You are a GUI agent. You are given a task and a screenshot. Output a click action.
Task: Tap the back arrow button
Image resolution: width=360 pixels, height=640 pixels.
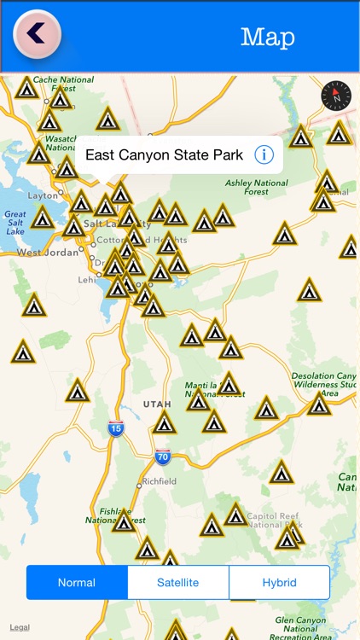click(x=37, y=33)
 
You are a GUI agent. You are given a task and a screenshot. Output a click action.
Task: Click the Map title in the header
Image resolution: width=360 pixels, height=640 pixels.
click(x=267, y=37)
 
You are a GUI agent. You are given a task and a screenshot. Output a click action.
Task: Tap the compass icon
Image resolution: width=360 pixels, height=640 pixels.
click(x=335, y=96)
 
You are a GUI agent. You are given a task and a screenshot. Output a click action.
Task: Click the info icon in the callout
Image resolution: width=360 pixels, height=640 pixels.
click(x=264, y=154)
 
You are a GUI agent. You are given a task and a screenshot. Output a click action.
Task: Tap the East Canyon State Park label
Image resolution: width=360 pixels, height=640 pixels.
click(x=164, y=155)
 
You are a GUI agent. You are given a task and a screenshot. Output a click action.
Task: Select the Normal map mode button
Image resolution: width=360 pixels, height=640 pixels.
click(x=77, y=583)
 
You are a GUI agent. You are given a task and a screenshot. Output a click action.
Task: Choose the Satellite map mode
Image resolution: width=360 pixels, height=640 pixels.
click(x=177, y=583)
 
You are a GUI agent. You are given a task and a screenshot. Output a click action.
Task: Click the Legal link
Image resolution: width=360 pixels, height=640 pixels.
click(x=19, y=627)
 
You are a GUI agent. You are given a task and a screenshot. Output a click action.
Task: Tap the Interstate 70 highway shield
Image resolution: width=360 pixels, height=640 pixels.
click(x=162, y=457)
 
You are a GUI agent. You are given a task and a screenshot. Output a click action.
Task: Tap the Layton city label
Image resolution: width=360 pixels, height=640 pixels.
click(x=42, y=195)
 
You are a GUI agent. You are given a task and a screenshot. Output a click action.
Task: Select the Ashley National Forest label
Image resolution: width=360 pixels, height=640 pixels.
click(x=257, y=187)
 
